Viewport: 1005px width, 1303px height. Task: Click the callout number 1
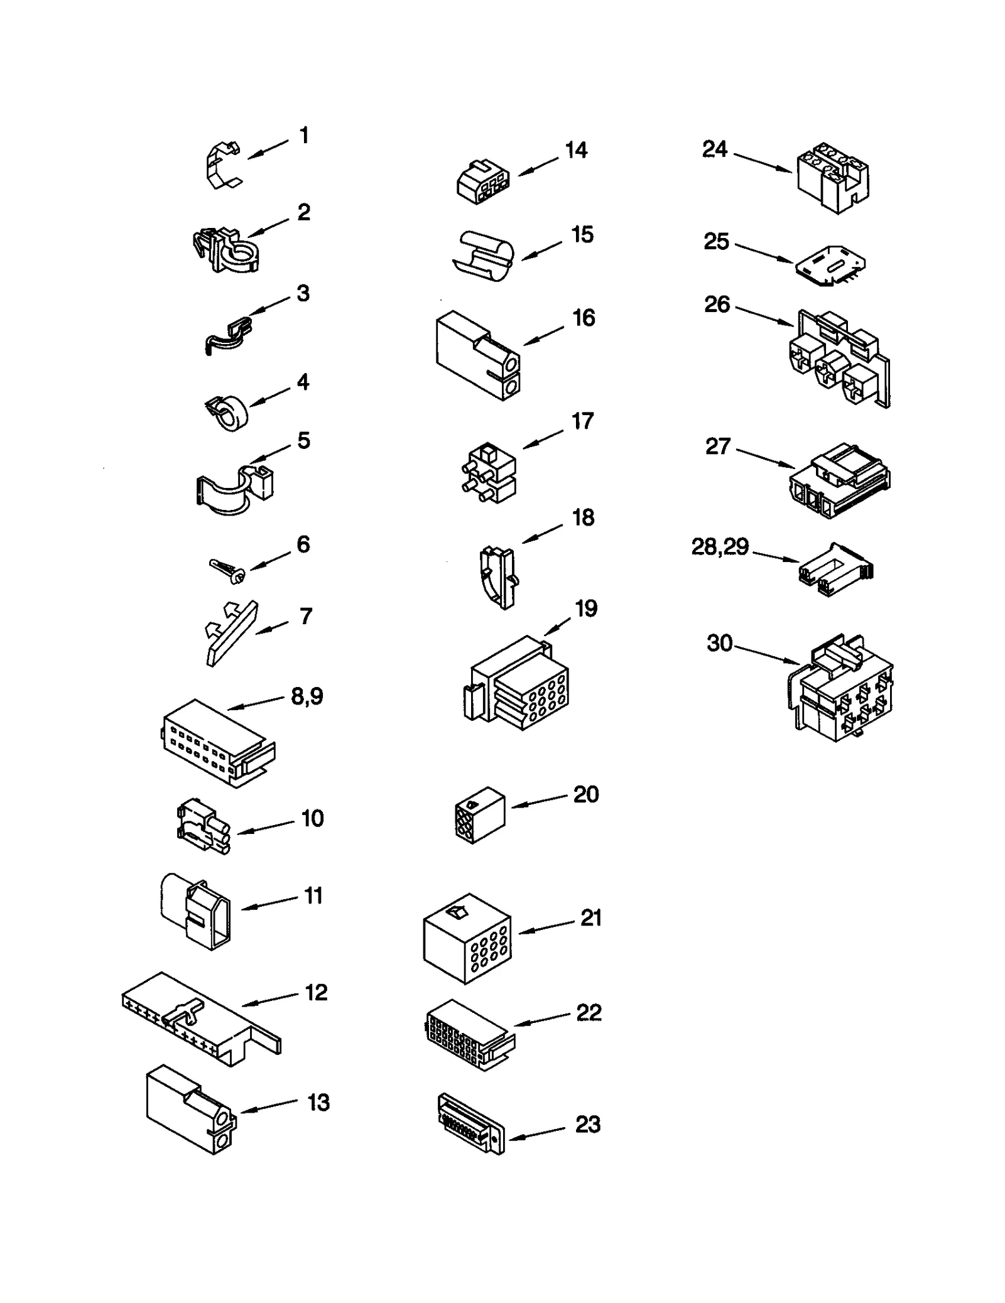pyautogui.click(x=304, y=136)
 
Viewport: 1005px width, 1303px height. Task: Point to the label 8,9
pyautogui.click(x=307, y=696)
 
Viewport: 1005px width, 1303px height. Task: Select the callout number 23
pyautogui.click(x=587, y=1124)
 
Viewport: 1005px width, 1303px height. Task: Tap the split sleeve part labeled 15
pyautogui.click(x=482, y=255)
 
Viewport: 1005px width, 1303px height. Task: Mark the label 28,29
pyautogui.click(x=720, y=547)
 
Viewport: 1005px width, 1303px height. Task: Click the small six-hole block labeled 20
pyautogui.click(x=480, y=814)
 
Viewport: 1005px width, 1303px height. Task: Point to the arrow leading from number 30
pyautogui.click(x=766, y=654)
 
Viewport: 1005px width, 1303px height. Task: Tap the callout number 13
pyautogui.click(x=318, y=1102)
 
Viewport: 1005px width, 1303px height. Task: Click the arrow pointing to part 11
pyautogui.click(x=269, y=903)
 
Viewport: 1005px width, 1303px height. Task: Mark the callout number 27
pyautogui.click(x=718, y=446)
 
